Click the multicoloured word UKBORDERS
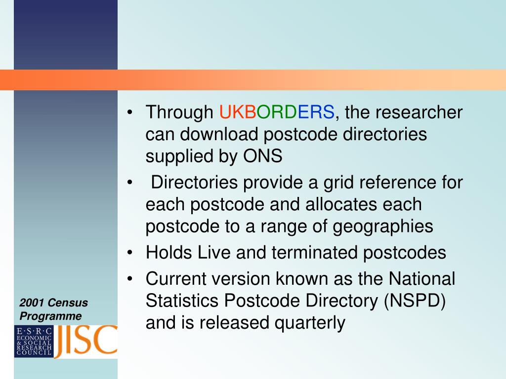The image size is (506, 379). (277, 112)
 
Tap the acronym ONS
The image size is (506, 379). (262, 156)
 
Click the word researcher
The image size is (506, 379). (419, 112)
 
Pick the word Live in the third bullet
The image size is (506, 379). (213, 252)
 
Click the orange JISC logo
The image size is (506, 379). (85, 341)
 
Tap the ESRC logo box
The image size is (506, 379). (34, 341)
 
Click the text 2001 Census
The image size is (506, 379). (53, 303)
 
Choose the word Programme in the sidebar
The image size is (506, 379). (50, 316)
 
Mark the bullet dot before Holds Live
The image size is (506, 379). (130, 252)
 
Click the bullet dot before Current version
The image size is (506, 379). (130, 279)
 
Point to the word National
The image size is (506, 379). (422, 279)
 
